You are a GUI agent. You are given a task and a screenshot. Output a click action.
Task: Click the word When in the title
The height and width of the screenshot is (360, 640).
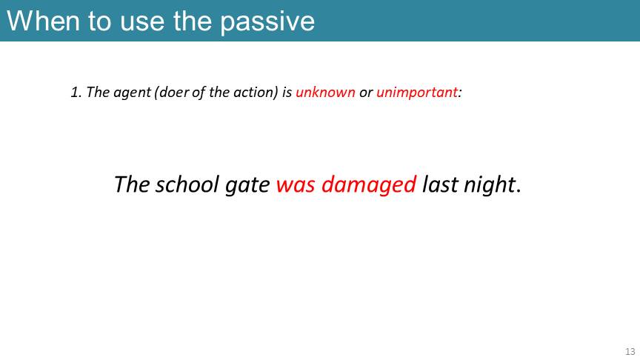click(x=43, y=21)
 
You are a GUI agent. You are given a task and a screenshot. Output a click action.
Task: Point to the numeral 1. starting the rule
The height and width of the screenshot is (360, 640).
click(x=76, y=93)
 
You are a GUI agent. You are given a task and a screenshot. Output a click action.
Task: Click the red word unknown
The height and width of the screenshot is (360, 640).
click(x=325, y=93)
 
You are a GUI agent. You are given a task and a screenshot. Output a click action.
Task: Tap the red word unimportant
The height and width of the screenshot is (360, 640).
click(x=417, y=93)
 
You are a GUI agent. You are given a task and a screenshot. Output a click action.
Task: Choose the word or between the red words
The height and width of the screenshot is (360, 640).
click(x=366, y=93)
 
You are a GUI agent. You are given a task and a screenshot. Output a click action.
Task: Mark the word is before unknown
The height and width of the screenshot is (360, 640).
click(x=287, y=93)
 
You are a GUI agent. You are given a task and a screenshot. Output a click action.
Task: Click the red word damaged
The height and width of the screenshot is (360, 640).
click(x=369, y=185)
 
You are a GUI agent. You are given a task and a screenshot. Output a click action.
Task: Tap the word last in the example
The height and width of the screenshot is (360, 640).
click(x=439, y=184)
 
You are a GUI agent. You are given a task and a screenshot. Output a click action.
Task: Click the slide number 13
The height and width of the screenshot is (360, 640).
click(x=630, y=351)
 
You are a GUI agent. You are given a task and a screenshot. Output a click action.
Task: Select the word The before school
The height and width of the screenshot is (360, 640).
click(x=132, y=184)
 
